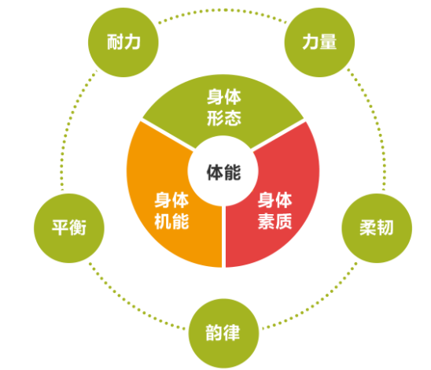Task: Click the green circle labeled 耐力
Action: click(123, 42)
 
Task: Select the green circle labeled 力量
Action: click(319, 42)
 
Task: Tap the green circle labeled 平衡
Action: click(69, 228)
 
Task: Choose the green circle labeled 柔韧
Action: click(377, 228)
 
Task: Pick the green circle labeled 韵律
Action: click(223, 333)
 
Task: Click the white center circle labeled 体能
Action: click(223, 171)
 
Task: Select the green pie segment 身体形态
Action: click(223, 107)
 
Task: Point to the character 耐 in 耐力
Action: click(115, 43)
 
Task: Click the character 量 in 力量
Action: click(328, 42)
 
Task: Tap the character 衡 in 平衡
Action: click(78, 228)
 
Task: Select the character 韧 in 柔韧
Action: click(385, 228)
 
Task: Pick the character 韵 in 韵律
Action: click(214, 333)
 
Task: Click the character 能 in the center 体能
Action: click(232, 172)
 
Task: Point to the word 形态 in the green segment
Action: click(224, 118)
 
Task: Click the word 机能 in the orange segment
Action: click(171, 221)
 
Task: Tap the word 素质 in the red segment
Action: click(274, 221)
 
